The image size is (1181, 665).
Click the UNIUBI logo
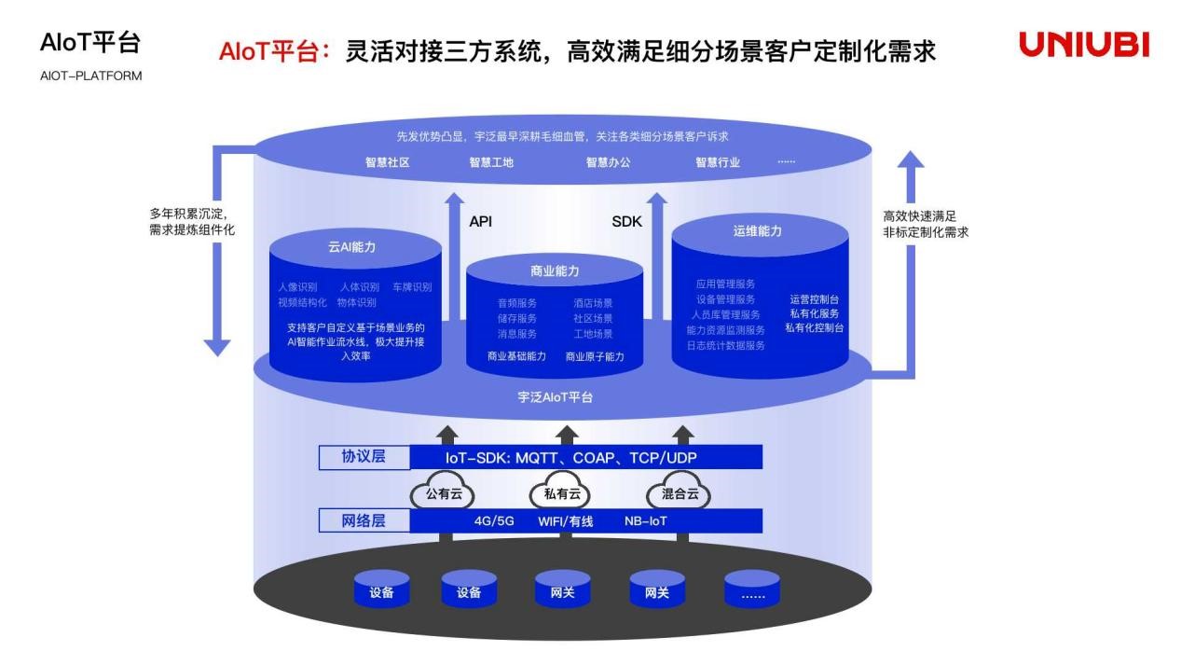point(1083,45)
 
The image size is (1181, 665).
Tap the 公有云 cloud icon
point(444,494)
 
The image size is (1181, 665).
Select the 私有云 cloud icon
point(561,494)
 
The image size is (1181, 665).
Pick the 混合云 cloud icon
point(680,494)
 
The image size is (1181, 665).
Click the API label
point(480,222)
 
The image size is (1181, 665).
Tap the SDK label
point(626,222)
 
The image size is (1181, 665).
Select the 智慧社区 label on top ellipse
point(388,162)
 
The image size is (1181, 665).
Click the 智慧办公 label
point(608,162)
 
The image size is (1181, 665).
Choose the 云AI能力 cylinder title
point(353,248)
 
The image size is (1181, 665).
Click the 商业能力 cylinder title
point(555,271)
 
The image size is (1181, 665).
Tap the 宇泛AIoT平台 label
point(556,397)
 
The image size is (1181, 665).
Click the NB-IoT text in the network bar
point(646,521)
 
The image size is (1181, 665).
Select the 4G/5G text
point(494,521)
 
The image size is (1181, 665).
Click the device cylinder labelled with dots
point(751,592)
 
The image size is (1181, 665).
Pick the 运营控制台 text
point(814,299)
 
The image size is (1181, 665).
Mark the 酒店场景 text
point(593,303)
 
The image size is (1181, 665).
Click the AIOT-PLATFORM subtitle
point(91,76)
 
